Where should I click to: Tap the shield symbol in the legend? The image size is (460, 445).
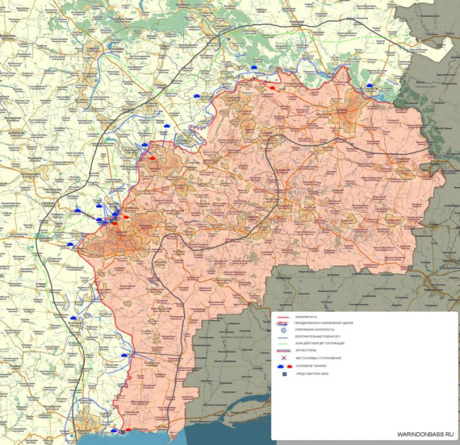coord(284,329)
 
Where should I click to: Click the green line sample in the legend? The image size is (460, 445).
coord(284,344)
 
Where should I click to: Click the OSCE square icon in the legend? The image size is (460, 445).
coord(284,373)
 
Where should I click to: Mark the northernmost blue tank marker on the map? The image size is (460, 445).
coord(253,67)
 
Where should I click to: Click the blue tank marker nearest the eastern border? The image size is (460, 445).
coord(369,86)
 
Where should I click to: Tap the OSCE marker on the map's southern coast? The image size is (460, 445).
coord(121,431)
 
